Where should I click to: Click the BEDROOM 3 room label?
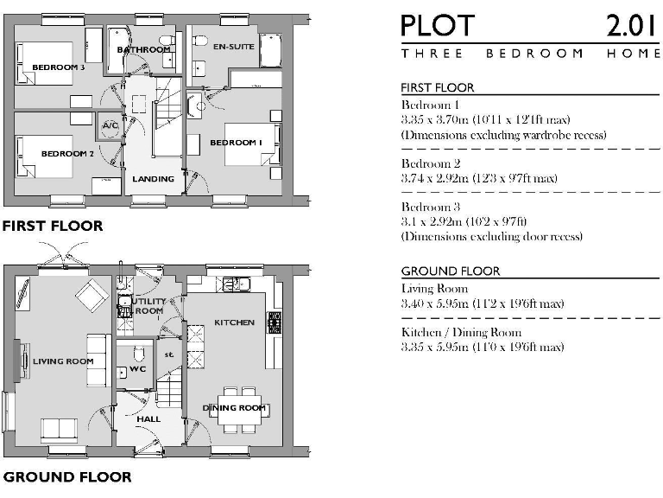[58, 67]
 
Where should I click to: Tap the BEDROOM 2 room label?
[67, 154]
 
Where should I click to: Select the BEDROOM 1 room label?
[236, 142]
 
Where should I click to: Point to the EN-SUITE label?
[233, 47]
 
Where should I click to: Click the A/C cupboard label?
[110, 125]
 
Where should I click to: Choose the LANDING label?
[153, 179]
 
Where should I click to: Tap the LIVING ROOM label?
[63, 361]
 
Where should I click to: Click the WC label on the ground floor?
[138, 370]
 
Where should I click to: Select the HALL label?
[148, 419]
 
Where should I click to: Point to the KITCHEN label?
[234, 322]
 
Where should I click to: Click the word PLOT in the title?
[437, 26]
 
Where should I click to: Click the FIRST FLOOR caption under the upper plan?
[53, 227]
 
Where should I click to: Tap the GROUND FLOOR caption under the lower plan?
[67, 476]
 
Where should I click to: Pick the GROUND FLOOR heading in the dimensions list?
[451, 271]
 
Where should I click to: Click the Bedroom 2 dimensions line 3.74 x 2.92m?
[479, 178]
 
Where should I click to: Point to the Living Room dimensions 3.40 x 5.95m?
[483, 303]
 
